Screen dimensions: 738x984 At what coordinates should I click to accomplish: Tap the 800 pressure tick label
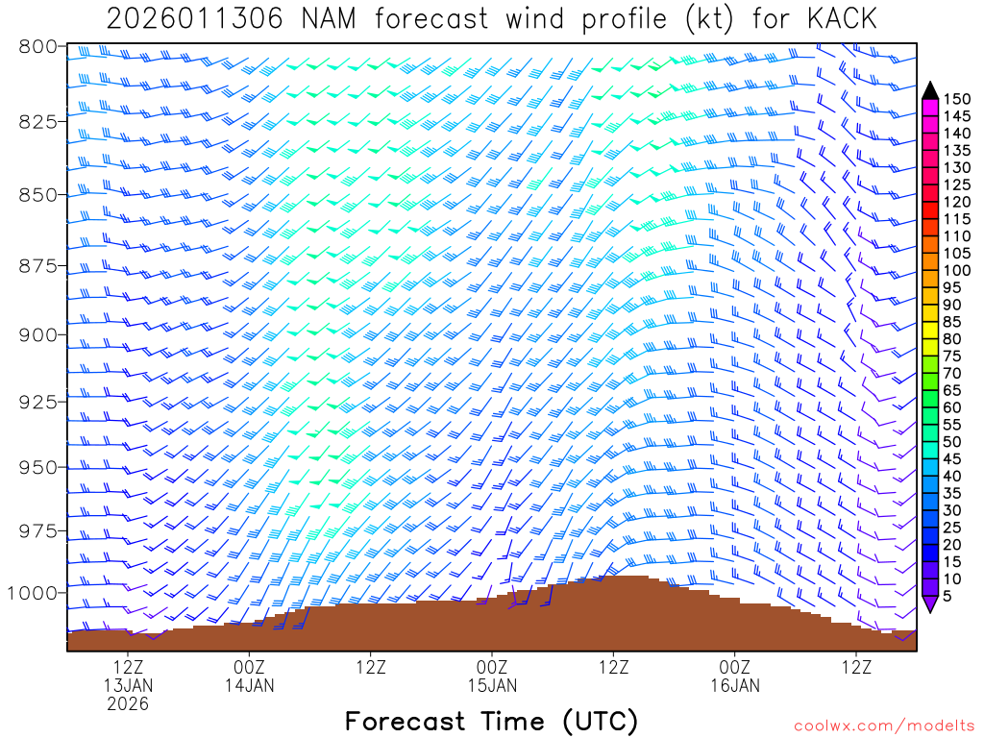point(37,46)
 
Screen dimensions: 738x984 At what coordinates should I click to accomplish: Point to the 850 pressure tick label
point(37,194)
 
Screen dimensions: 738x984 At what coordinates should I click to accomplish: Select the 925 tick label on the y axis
point(37,401)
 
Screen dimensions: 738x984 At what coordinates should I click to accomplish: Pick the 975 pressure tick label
point(37,531)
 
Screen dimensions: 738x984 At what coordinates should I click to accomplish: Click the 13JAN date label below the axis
point(128,685)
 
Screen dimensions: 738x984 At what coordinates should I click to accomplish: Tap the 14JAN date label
point(249,685)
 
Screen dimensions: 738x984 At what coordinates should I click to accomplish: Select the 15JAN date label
point(492,685)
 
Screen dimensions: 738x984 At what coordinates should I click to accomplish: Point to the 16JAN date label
point(735,685)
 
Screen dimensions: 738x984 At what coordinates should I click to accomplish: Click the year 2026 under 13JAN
point(128,703)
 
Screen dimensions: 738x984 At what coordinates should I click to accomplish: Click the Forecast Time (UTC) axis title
point(491,721)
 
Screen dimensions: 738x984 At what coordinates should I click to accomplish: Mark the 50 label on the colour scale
point(951,441)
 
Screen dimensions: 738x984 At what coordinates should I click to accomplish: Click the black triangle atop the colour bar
point(929,90)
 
